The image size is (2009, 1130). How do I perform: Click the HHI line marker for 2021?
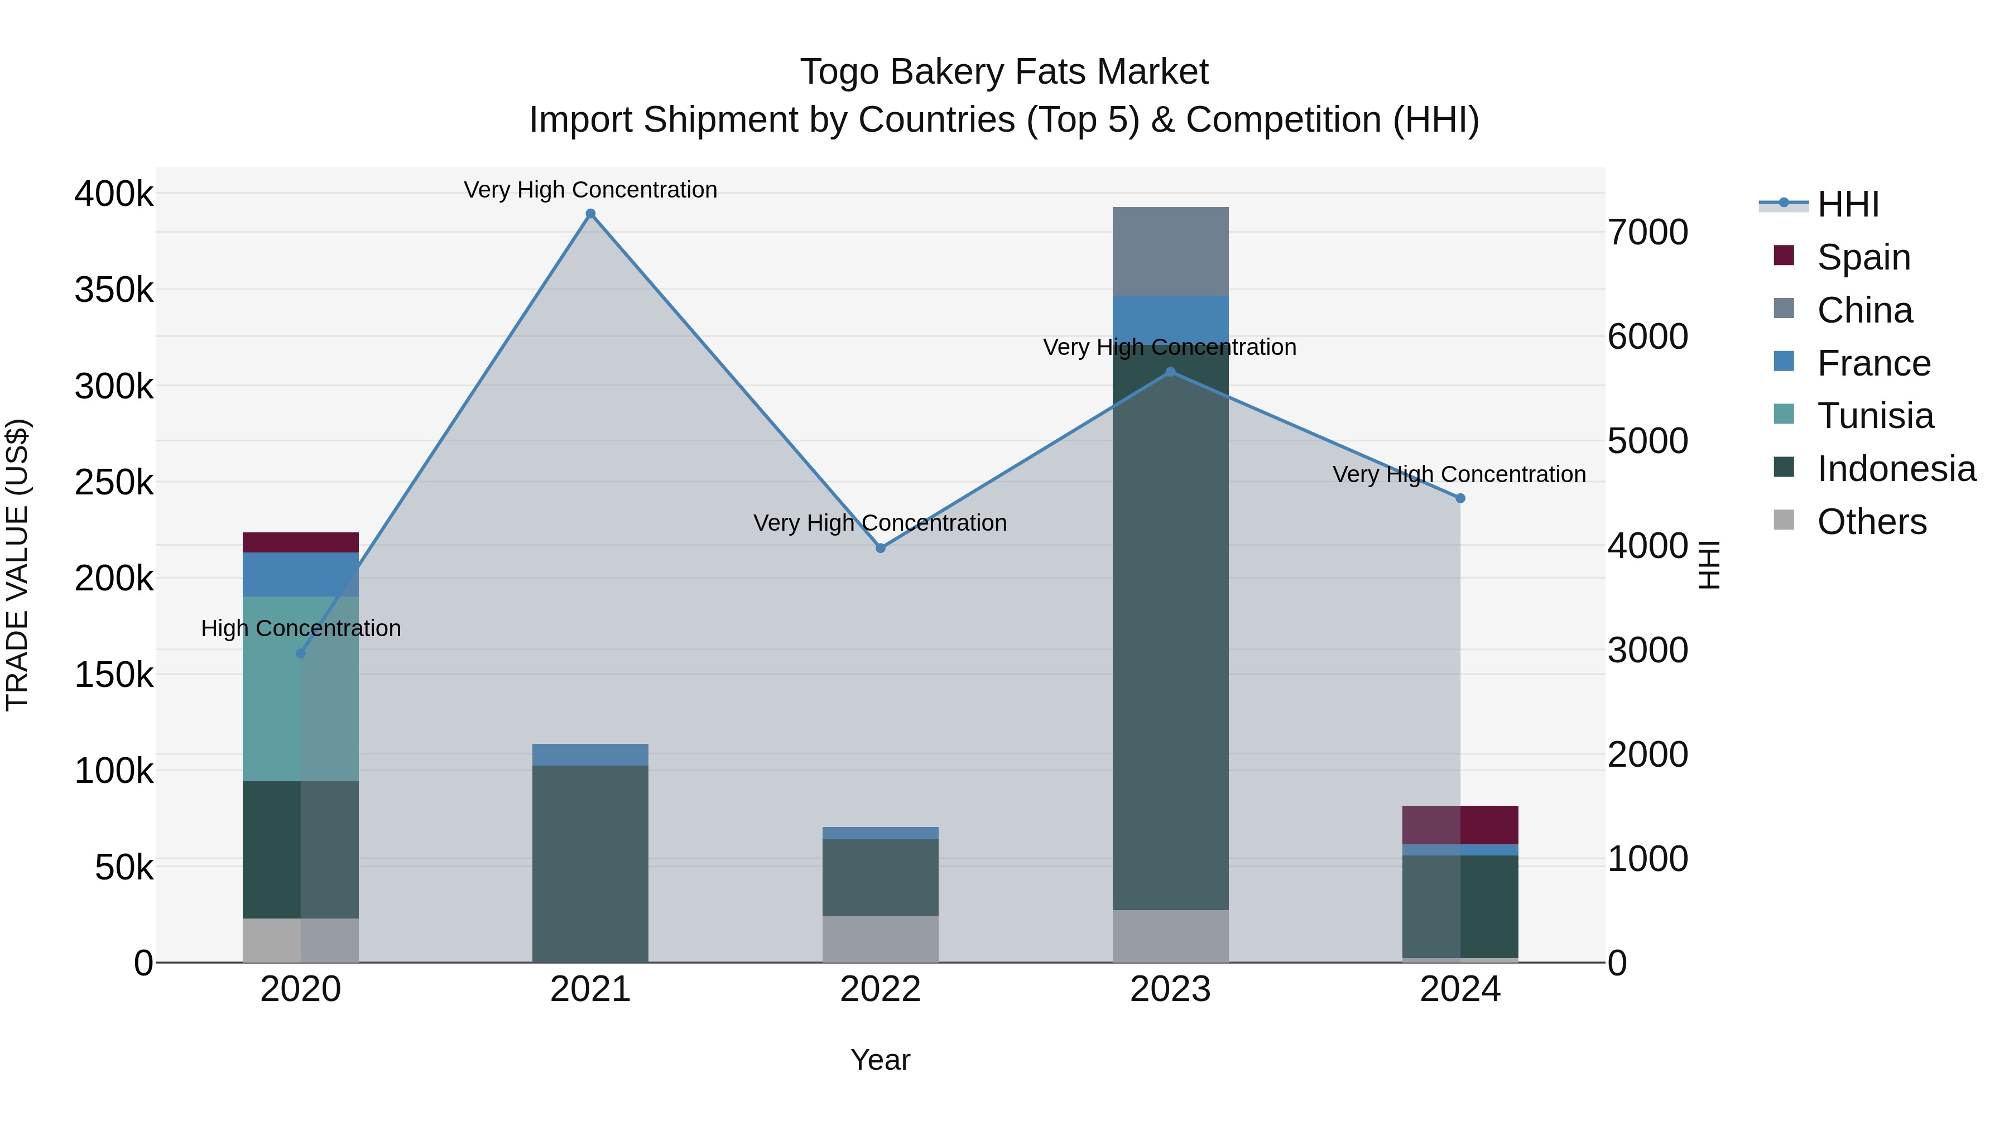[590, 214]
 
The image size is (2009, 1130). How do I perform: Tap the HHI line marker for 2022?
[881, 548]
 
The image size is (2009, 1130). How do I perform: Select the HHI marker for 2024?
[1460, 498]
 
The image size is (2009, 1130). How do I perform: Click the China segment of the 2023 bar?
[1170, 251]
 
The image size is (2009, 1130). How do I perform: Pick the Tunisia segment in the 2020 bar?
[300, 689]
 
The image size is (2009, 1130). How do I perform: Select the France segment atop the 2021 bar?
[590, 754]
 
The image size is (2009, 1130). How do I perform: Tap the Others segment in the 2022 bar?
[881, 939]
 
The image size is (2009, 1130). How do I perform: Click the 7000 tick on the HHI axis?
[1648, 232]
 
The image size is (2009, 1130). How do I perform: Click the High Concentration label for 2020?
[301, 628]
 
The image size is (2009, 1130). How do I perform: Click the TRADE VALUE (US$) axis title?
[17, 565]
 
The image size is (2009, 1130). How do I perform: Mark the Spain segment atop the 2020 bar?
[300, 542]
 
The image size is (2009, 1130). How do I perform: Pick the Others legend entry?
[1871, 522]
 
